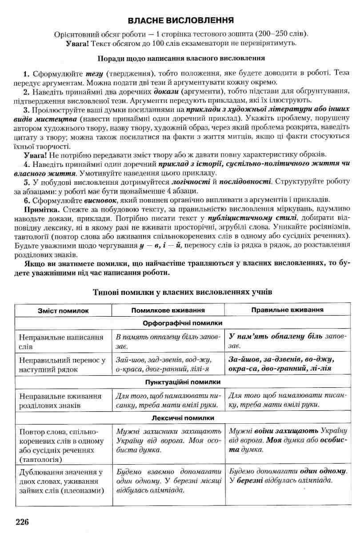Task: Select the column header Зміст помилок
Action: [63, 310]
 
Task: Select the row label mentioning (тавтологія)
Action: [60, 445]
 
